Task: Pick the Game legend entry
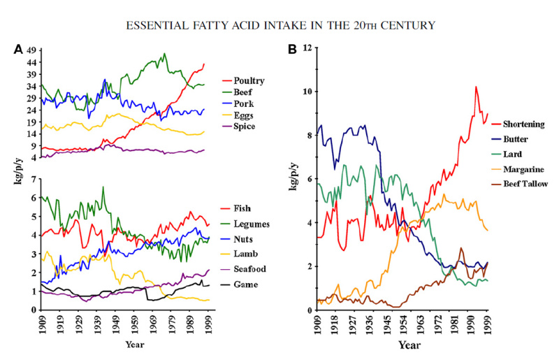click(x=245, y=285)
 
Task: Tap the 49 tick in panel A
click(x=31, y=50)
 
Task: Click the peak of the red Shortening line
click(x=476, y=87)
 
